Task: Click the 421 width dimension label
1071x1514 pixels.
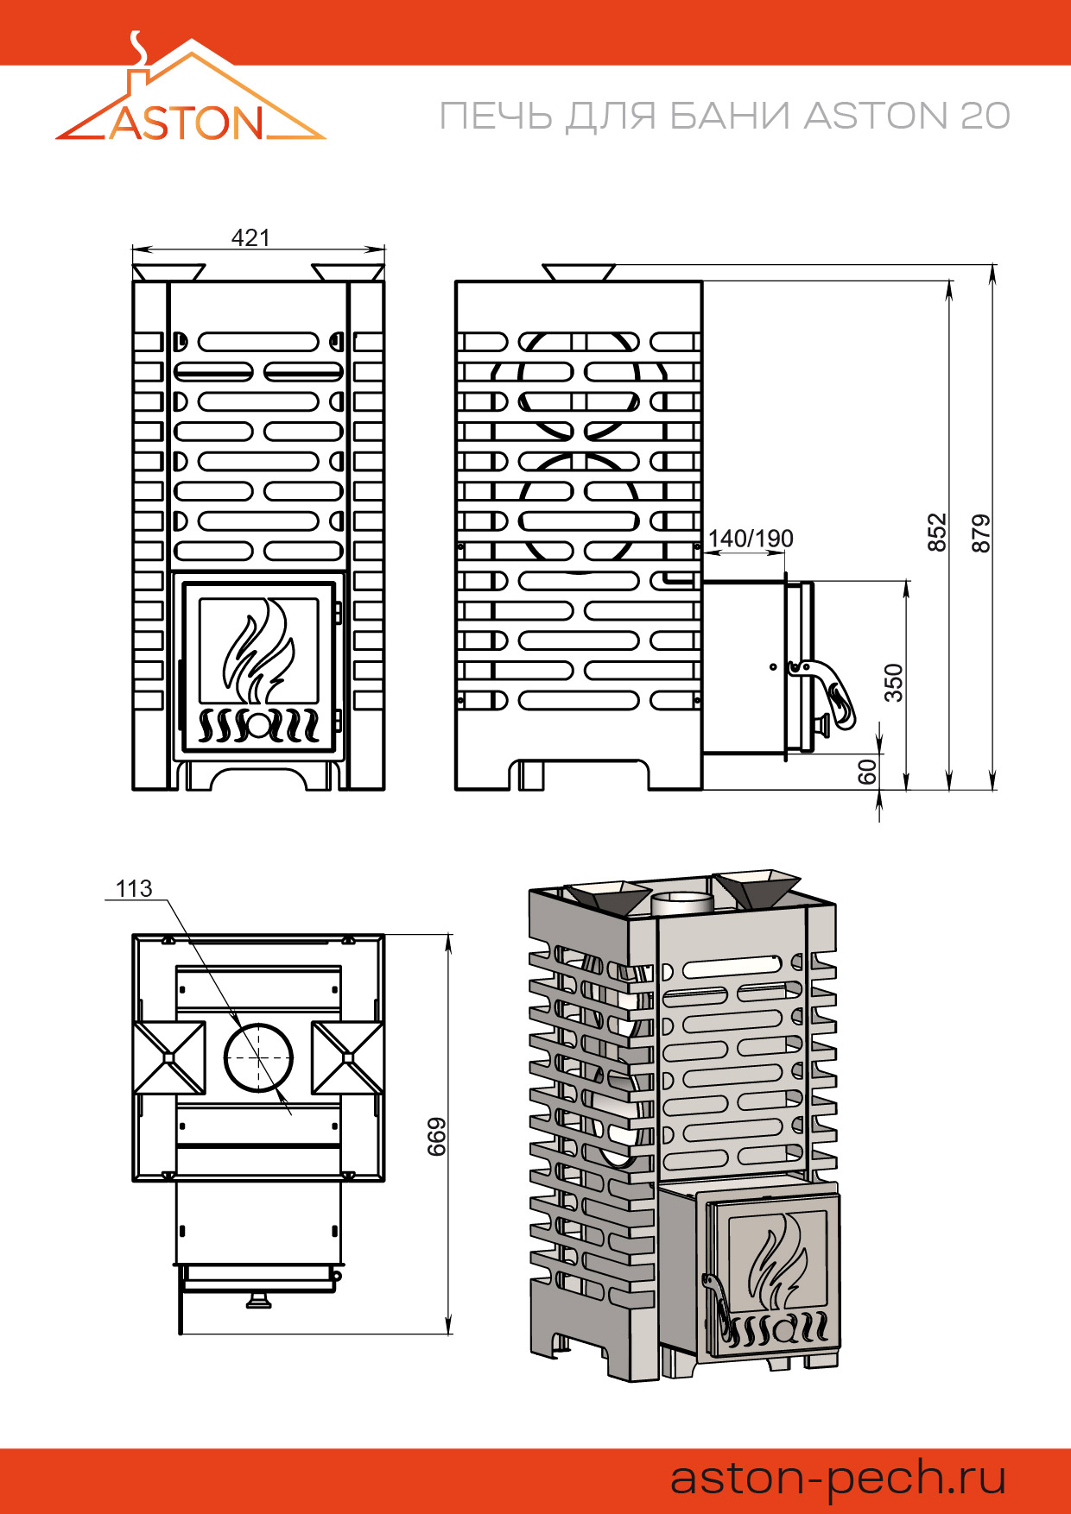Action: (250, 237)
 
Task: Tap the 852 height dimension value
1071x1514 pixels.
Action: (937, 533)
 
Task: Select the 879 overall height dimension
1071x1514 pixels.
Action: (981, 533)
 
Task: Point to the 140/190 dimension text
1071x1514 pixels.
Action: (750, 539)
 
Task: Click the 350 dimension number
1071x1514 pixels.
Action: (894, 682)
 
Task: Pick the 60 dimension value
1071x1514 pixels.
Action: (868, 771)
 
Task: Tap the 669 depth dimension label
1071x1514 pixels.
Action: (437, 1136)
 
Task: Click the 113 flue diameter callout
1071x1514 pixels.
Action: (134, 888)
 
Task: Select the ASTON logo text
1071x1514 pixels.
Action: (187, 123)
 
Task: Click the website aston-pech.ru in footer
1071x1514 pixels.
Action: (838, 1477)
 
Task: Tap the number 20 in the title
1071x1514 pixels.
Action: (984, 117)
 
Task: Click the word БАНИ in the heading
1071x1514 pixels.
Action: (730, 117)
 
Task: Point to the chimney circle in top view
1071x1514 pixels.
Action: (258, 1057)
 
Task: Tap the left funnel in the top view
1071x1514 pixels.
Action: (169, 1057)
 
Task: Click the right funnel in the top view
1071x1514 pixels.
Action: (348, 1057)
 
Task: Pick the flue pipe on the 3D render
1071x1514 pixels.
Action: (681, 904)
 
